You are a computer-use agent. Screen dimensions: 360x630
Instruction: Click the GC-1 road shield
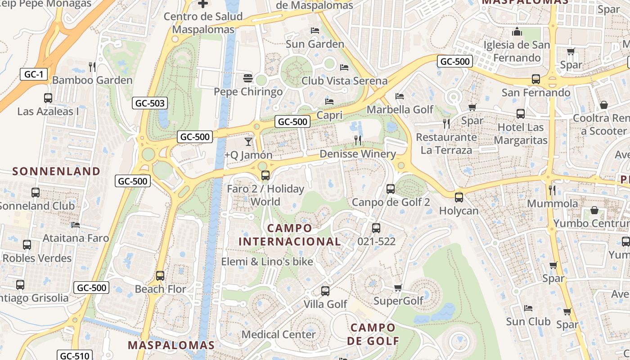point(33,74)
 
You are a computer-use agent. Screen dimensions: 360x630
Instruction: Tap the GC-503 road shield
point(150,103)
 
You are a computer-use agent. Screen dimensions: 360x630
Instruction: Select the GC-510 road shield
point(76,355)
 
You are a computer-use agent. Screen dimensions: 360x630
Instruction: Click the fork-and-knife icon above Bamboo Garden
point(92,67)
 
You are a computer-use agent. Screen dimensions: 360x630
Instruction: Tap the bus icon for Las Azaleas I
point(48,98)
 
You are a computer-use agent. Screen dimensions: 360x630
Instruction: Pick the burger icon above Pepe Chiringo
point(247,78)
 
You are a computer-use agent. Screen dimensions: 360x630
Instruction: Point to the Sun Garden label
point(315,44)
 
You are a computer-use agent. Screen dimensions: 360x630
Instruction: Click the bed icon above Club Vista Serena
point(344,67)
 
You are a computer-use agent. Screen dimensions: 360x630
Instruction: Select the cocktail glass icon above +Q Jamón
point(248,142)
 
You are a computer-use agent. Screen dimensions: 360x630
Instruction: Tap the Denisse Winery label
point(358,154)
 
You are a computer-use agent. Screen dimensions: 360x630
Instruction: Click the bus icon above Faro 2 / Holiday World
point(265,175)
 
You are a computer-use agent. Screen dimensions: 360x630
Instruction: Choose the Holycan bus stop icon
point(459,197)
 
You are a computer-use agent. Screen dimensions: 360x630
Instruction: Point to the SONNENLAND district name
point(56,171)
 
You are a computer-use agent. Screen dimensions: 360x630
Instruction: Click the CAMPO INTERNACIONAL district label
point(290,235)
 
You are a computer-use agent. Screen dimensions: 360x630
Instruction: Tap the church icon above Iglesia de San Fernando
point(517,31)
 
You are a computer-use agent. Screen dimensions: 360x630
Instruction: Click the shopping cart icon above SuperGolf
point(398,288)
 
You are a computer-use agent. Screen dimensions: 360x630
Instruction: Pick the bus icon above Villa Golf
point(325,291)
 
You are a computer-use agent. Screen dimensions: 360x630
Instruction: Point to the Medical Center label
point(279,334)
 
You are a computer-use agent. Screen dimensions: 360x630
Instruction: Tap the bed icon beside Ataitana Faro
point(75,225)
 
